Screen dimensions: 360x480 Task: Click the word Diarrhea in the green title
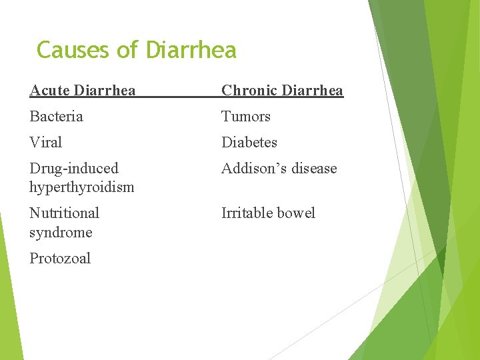(191, 50)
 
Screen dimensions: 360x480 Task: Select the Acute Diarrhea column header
(83, 90)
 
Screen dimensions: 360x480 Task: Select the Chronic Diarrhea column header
(282, 90)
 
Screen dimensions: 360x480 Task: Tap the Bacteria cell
(56, 117)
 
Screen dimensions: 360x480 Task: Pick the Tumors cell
(246, 117)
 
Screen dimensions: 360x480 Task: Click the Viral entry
(45, 143)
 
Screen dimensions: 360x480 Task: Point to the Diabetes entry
(249, 143)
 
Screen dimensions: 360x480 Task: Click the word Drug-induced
(73, 169)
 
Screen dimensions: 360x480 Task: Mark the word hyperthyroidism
(81, 187)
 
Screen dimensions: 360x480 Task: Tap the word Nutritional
(64, 213)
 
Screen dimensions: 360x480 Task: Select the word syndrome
(61, 233)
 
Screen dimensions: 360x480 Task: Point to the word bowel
(297, 213)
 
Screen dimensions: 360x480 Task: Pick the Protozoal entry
(60, 259)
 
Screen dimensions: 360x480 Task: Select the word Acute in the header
(50, 90)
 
